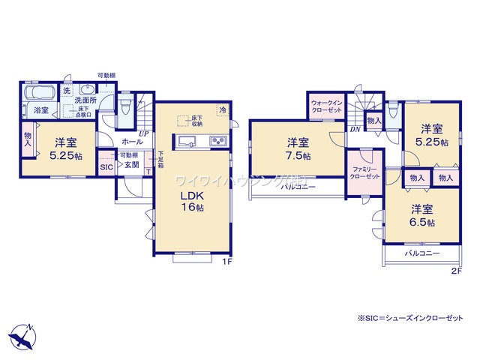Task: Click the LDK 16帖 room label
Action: pyautogui.click(x=190, y=200)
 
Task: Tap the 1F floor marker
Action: pyautogui.click(x=227, y=262)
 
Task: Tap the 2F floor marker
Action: pyautogui.click(x=456, y=271)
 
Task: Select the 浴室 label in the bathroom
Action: pyautogui.click(x=40, y=110)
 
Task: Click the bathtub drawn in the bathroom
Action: pyautogui.click(x=40, y=94)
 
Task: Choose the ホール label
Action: pyautogui.click(x=132, y=142)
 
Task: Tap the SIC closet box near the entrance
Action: pyautogui.click(x=106, y=167)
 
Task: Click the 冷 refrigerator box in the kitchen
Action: pyautogui.click(x=222, y=109)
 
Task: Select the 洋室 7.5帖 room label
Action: pyautogui.click(x=298, y=149)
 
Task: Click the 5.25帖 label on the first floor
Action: pyautogui.click(x=64, y=157)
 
